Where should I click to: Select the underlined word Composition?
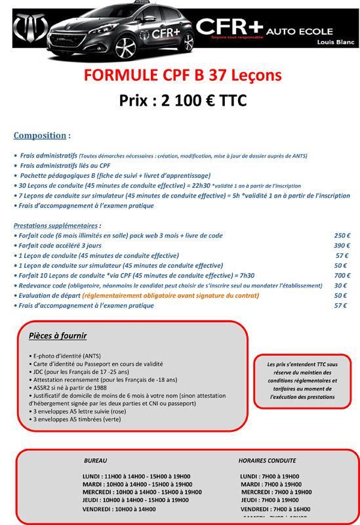tap(40, 135)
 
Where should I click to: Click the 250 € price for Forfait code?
tap(342, 236)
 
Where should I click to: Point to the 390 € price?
tap(342, 245)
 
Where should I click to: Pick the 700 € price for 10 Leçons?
tap(342, 276)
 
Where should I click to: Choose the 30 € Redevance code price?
tap(340, 285)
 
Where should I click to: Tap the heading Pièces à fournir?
tap(58, 336)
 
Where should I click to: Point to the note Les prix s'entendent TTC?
tap(302, 380)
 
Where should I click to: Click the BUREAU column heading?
tap(96, 461)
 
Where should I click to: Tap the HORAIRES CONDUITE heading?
tap(267, 461)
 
